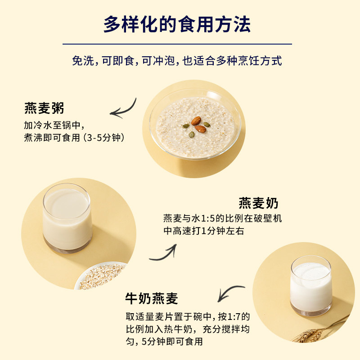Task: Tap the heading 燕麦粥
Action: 44,108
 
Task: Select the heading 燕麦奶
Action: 258,203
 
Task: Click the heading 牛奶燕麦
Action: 152,298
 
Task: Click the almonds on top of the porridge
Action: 198,124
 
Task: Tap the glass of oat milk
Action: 67,219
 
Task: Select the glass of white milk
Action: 310,286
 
